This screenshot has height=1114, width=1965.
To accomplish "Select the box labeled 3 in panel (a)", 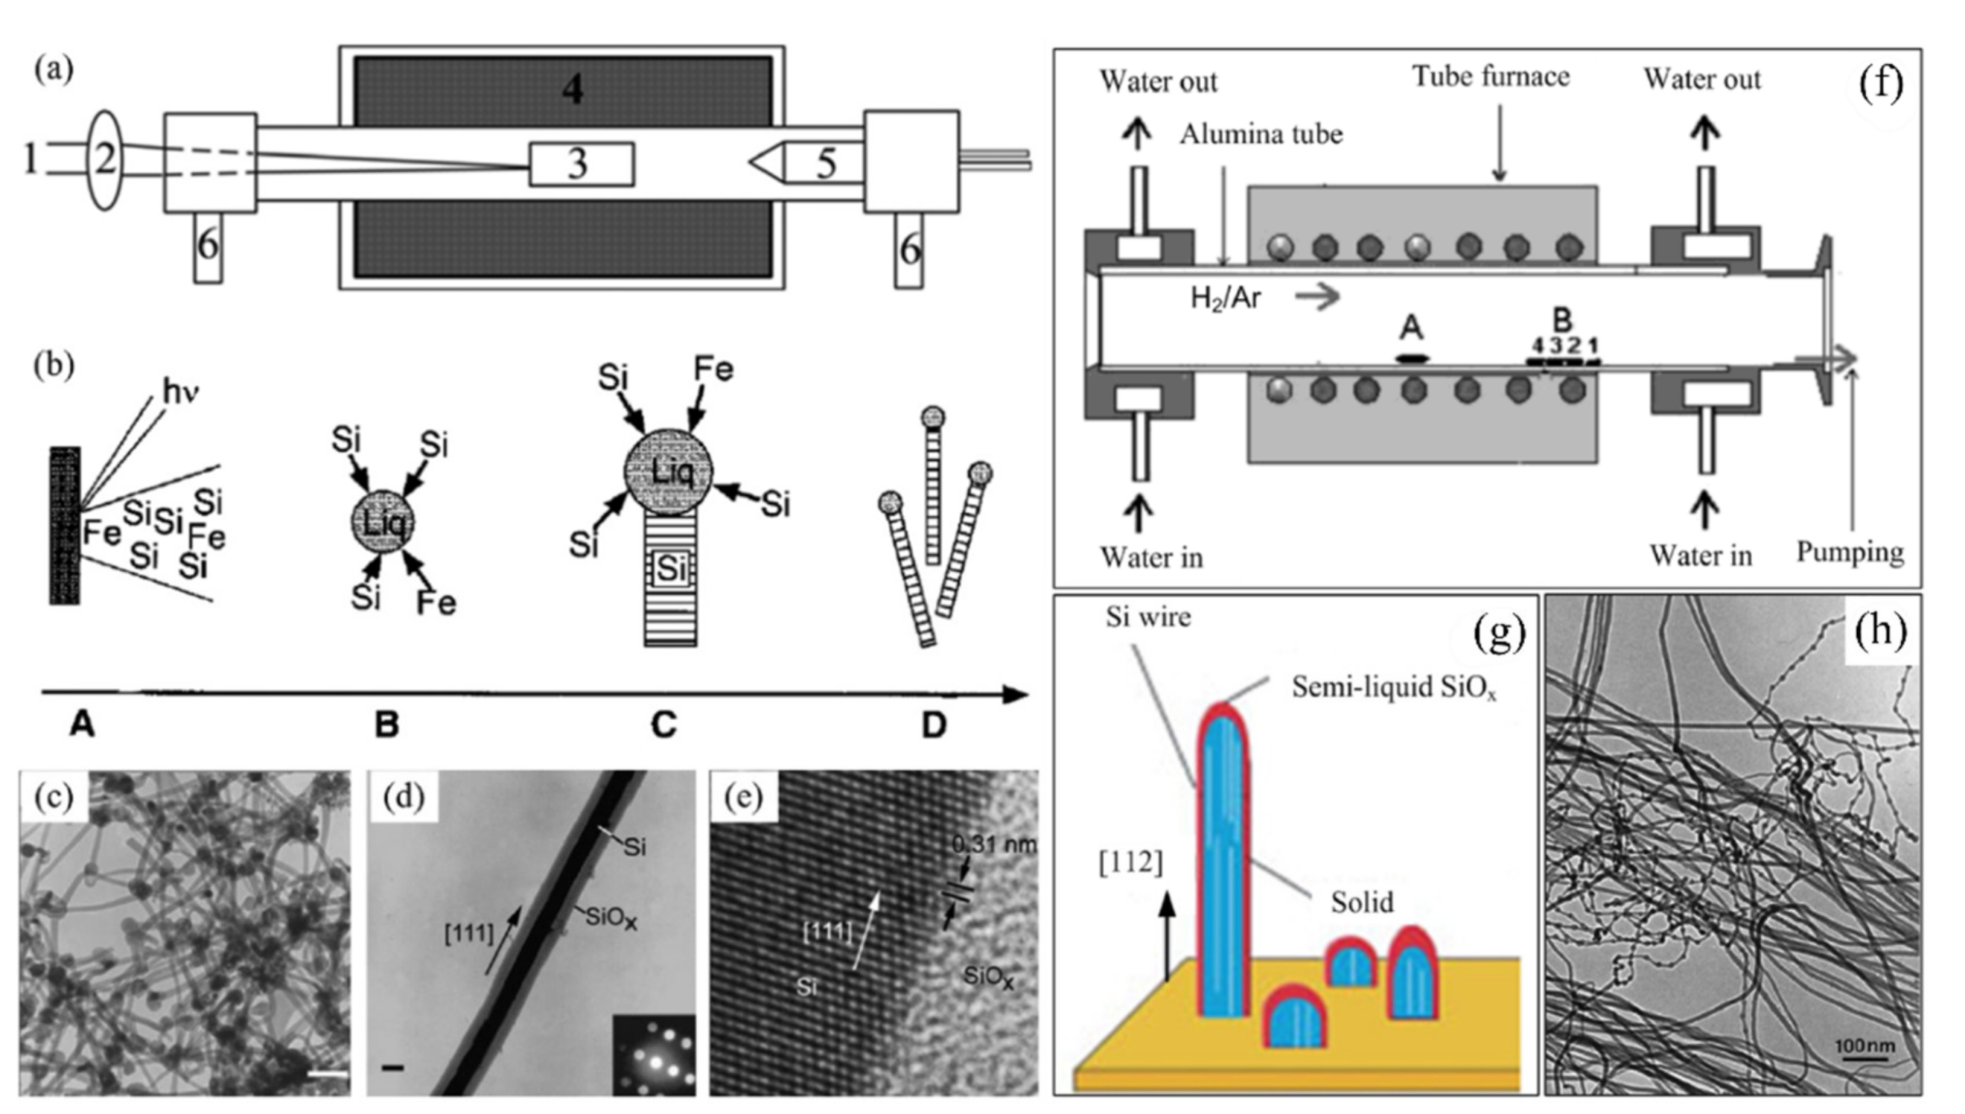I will click(x=581, y=164).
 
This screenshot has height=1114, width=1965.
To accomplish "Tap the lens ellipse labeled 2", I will click(x=106, y=159).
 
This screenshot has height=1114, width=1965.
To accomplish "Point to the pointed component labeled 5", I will click(x=811, y=163).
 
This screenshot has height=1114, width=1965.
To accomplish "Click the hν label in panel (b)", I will click(x=181, y=392).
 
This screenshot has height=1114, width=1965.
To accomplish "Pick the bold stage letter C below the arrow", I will click(x=663, y=724).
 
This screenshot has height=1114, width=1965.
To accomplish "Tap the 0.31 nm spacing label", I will click(x=993, y=845).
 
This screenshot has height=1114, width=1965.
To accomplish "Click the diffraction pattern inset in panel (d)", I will click(x=654, y=1054).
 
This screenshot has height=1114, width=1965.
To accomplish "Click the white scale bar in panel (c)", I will click(x=327, y=1075).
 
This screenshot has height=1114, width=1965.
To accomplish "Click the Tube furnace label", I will click(x=1490, y=76).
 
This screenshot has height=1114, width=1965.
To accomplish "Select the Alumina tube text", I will click(x=1260, y=135).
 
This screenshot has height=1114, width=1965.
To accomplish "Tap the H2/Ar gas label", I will click(x=1225, y=298).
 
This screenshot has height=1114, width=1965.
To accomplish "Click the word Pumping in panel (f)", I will click(x=1849, y=552).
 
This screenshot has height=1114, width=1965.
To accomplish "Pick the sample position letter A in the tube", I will click(x=1411, y=329).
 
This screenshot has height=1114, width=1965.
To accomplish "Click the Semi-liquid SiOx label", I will click(x=1393, y=687).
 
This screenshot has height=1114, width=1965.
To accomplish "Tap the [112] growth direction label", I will click(x=1130, y=862).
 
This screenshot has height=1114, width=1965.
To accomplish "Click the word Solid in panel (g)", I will click(x=1362, y=902).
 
